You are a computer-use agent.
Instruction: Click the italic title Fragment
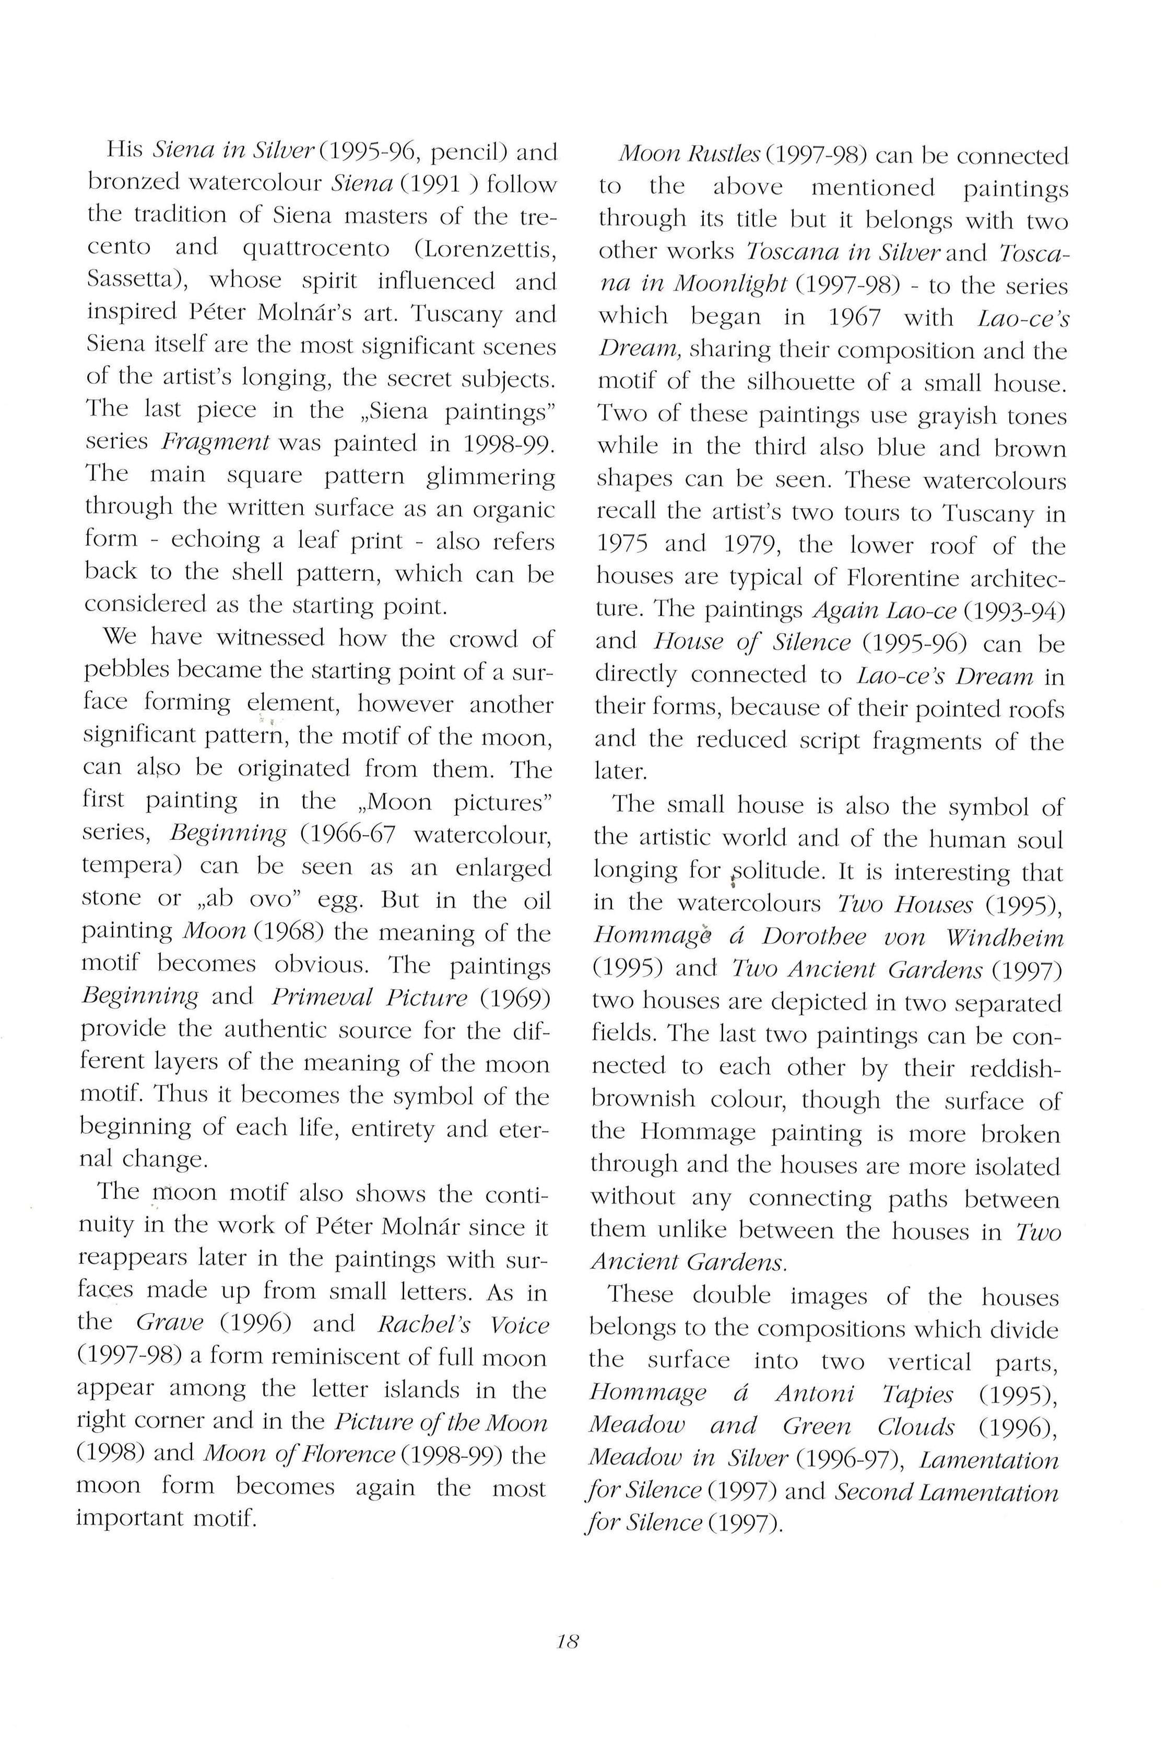point(215,442)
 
